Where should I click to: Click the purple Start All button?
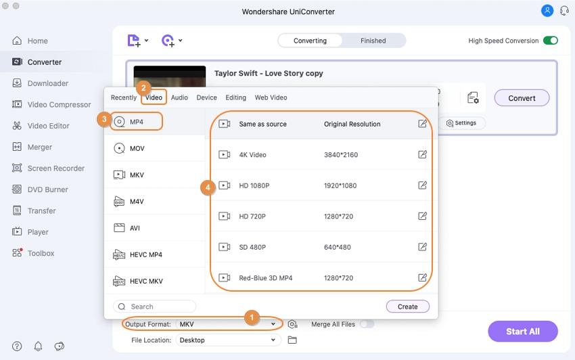pyautogui.click(x=522, y=332)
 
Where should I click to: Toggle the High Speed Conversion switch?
pyautogui.click(x=551, y=41)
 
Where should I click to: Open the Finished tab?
pyautogui.click(x=373, y=41)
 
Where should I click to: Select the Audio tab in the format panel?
pyautogui.click(x=179, y=97)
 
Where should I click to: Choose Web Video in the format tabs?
pyautogui.click(x=271, y=97)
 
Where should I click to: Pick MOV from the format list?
pyautogui.click(x=137, y=149)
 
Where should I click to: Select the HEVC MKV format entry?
pyautogui.click(x=146, y=282)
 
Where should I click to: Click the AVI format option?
pyautogui.click(x=135, y=228)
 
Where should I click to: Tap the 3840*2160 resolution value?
pyautogui.click(x=341, y=155)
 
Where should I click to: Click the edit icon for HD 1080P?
pyautogui.click(x=422, y=185)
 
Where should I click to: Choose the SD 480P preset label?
pyautogui.click(x=252, y=248)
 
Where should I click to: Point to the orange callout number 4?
pyautogui.click(x=208, y=188)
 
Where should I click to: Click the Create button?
pyautogui.click(x=408, y=307)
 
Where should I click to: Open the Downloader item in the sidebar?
pyautogui.click(x=48, y=83)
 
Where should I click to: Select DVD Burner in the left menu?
pyautogui.click(x=47, y=189)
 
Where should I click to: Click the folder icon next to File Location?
pyautogui.click(x=292, y=340)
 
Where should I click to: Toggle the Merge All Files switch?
pyautogui.click(x=367, y=324)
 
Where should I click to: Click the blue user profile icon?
pyautogui.click(x=547, y=11)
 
